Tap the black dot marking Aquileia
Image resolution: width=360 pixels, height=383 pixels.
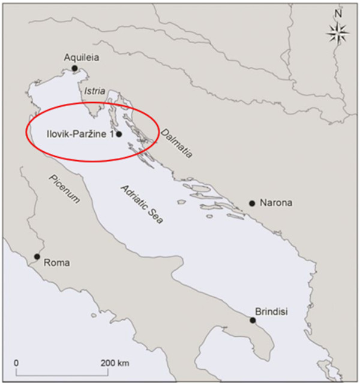(x=74, y=68)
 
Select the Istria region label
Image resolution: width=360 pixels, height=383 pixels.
(x=95, y=91)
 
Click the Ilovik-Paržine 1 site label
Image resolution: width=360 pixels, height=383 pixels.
(x=80, y=134)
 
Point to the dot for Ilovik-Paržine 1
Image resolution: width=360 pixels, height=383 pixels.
(x=119, y=134)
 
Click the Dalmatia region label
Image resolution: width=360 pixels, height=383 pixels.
(x=176, y=143)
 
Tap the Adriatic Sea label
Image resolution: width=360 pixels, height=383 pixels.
(x=142, y=205)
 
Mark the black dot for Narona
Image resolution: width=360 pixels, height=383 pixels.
(x=252, y=204)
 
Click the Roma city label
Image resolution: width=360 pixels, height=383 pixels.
(x=56, y=263)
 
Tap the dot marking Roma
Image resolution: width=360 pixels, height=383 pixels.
(x=37, y=257)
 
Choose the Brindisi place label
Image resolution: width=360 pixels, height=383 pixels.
(x=271, y=312)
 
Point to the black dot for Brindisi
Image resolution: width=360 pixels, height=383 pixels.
(x=253, y=320)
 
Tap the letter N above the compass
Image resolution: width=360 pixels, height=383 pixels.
(x=338, y=13)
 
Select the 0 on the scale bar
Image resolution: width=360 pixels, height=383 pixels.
(x=16, y=364)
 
